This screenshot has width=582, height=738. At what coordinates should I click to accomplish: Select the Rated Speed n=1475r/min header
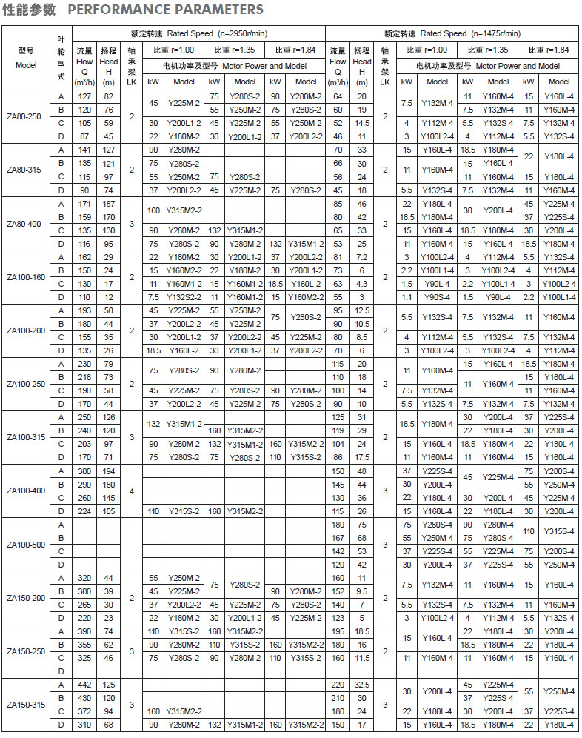452,33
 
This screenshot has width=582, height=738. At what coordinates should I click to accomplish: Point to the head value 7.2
362,257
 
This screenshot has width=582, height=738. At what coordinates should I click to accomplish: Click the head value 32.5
362,685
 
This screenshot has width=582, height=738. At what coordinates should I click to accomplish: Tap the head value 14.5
362,123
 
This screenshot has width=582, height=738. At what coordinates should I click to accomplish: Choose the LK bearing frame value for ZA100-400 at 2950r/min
132,491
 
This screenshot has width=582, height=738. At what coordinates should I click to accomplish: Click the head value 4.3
362,284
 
